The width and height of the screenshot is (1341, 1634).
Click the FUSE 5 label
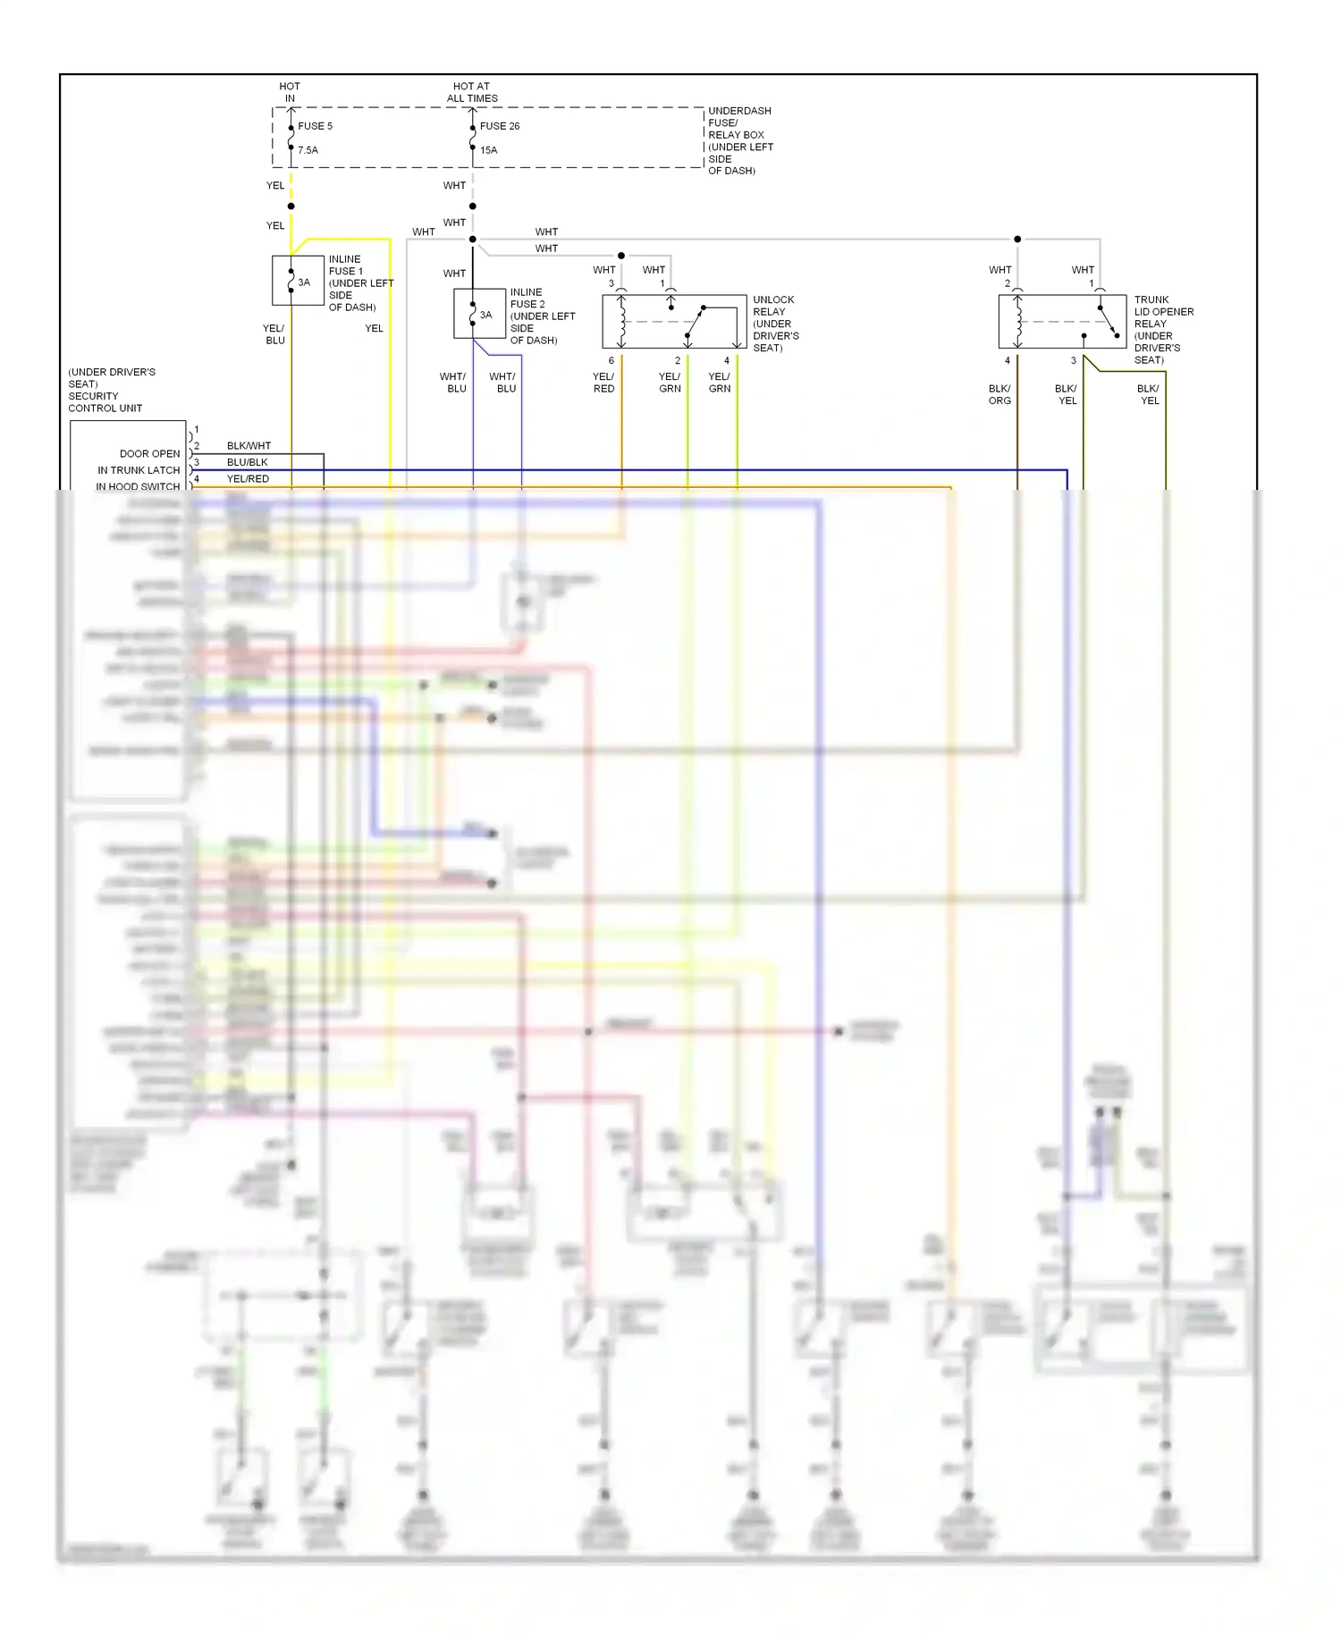pyautogui.click(x=315, y=126)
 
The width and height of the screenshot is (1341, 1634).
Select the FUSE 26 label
pyautogui.click(x=500, y=126)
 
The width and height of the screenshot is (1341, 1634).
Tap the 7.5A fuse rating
pyautogui.click(x=308, y=150)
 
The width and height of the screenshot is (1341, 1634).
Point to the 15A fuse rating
pyautogui.click(x=488, y=150)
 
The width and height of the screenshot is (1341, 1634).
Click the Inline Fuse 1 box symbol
pyautogui.click(x=298, y=281)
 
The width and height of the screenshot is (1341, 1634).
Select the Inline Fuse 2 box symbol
pyautogui.click(x=479, y=314)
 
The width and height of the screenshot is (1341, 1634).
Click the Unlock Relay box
pyautogui.click(x=674, y=322)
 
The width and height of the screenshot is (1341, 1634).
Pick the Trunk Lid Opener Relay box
pyautogui.click(x=1062, y=322)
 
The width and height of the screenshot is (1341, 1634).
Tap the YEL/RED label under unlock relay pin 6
pyautogui.click(x=603, y=383)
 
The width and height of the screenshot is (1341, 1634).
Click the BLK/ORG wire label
pyautogui.click(x=999, y=394)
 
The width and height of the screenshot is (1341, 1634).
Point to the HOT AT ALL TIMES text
pyautogui.click(x=471, y=92)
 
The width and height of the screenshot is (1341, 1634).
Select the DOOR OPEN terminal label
pyautogui.click(x=149, y=454)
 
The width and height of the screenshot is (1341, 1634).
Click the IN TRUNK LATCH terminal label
pyautogui.click(x=139, y=470)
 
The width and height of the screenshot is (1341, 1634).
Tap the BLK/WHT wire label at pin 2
pyautogui.click(x=249, y=445)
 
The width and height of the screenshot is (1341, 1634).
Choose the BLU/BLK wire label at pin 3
pyautogui.click(x=247, y=462)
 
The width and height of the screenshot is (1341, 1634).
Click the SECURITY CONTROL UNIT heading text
pyautogui.click(x=105, y=402)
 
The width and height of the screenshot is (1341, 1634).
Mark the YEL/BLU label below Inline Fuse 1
pyautogui.click(x=274, y=334)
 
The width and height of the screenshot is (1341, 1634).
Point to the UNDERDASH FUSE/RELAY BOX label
pyautogui.click(x=740, y=140)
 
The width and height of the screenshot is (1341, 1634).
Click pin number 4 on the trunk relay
pyautogui.click(x=1008, y=361)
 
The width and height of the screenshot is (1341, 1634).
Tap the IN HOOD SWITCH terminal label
pyautogui.click(x=138, y=486)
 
